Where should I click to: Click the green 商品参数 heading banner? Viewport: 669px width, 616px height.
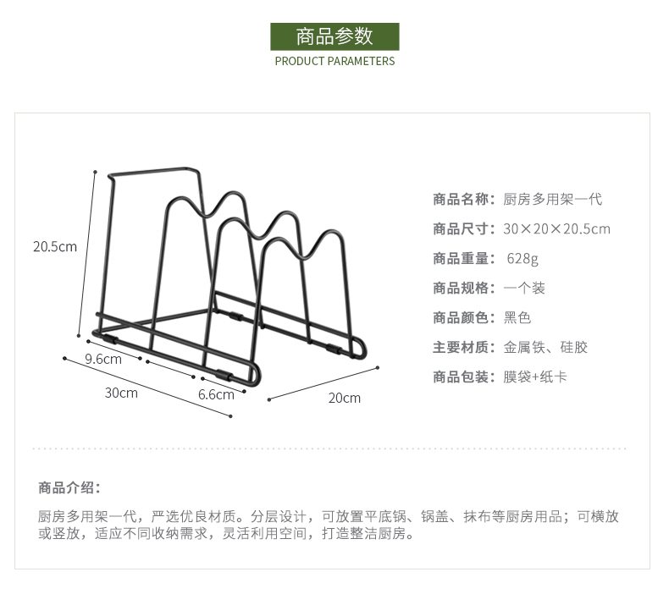(334, 36)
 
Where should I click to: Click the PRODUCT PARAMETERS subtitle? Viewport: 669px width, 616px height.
(334, 61)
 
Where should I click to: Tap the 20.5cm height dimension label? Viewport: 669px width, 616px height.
(54, 247)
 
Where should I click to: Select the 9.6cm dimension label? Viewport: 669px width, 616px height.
(103, 359)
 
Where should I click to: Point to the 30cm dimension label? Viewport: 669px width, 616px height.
(121, 393)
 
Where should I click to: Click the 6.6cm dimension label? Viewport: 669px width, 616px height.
(216, 394)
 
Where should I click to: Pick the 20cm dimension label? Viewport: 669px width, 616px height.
(344, 398)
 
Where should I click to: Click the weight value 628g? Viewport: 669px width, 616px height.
(522, 258)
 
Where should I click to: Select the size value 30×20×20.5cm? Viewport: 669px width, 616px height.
(556, 228)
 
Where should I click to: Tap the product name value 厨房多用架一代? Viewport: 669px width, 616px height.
(552, 200)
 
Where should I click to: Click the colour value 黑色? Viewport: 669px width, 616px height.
(517, 317)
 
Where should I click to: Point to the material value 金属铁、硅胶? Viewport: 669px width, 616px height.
(545, 347)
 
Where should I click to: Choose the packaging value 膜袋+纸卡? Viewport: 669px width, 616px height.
(535, 377)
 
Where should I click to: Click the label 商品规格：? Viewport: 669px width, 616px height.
(464, 288)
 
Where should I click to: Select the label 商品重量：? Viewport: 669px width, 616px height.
(464, 258)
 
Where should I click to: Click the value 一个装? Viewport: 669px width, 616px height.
(524, 288)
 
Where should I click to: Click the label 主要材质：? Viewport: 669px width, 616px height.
(464, 347)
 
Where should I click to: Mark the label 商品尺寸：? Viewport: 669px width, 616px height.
(464, 228)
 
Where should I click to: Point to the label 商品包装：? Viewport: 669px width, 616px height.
(464, 377)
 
